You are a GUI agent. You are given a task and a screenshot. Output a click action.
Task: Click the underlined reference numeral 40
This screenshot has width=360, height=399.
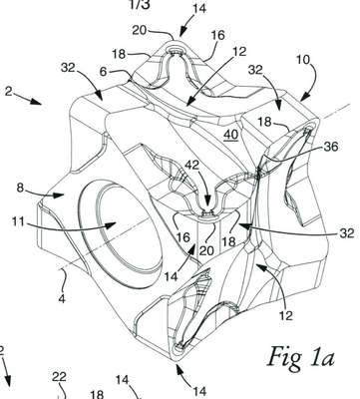(230, 135)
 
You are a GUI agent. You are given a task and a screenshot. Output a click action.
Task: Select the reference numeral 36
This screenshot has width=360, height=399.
(330, 147)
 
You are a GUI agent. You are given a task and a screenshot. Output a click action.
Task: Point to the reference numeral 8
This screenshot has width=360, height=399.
(21, 188)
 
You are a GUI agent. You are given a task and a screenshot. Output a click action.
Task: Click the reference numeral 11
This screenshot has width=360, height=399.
(19, 221)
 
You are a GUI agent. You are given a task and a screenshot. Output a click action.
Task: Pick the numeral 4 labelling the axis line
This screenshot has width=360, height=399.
(104, 72)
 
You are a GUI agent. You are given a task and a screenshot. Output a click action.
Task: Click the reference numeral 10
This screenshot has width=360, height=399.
(302, 60)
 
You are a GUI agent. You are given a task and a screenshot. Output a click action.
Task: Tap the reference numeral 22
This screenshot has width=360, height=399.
(60, 377)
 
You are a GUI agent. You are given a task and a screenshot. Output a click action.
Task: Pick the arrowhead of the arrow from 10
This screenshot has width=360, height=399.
(304, 97)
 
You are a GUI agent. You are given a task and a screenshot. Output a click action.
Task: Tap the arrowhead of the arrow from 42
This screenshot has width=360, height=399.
(207, 208)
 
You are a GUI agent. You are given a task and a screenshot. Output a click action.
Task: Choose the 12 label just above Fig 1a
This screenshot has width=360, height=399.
(285, 314)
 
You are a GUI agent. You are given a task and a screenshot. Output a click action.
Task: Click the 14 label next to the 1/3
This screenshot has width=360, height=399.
(199, 8)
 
